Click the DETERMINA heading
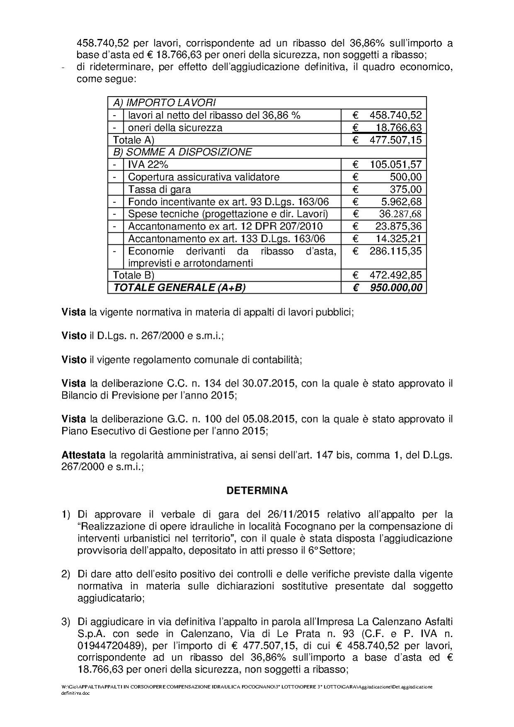tap(257, 491)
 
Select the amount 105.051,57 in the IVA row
tap(395, 165)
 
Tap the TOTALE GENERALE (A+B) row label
tap(179, 287)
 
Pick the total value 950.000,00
tap(395, 287)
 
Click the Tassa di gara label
tap(159, 190)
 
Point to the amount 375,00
tap(406, 190)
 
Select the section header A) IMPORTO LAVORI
tap(164, 102)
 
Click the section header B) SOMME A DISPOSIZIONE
tap(182, 152)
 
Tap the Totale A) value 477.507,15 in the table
tap(395, 140)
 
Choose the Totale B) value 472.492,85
tap(395, 275)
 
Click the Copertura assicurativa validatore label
tap(204, 177)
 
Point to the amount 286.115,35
tap(395, 251)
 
